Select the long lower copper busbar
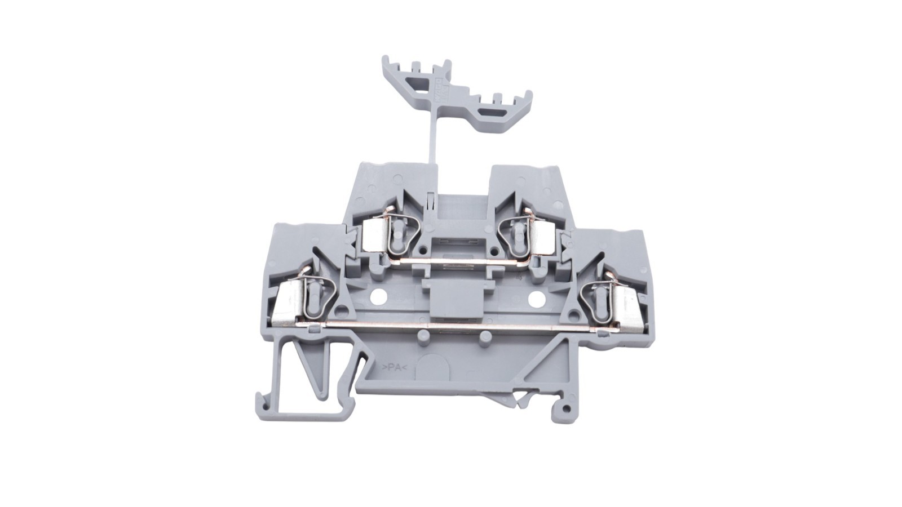[451, 325]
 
